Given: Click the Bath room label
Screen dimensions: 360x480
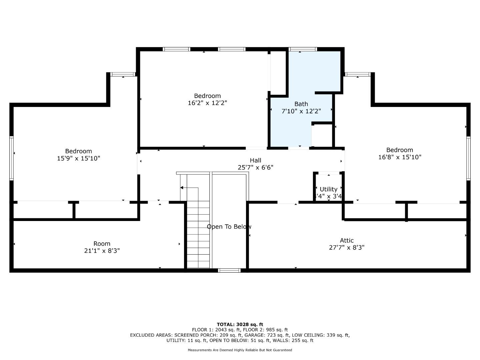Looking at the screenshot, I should pyautogui.click(x=301, y=104).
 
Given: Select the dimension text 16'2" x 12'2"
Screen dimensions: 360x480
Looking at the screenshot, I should pyautogui.click(x=207, y=103).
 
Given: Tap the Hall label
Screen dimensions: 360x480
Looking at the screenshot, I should pyautogui.click(x=255, y=160).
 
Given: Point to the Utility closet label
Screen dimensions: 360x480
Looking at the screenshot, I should pyautogui.click(x=328, y=189).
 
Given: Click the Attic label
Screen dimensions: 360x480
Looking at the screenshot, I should pyautogui.click(x=347, y=240).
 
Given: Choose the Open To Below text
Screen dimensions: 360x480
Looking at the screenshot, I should pyautogui.click(x=229, y=227).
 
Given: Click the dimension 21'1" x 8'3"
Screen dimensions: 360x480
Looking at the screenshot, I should pyautogui.click(x=102, y=251).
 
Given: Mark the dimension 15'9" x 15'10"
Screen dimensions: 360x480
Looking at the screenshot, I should pyautogui.click(x=78, y=158).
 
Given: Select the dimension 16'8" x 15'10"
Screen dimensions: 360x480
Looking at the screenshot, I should pyautogui.click(x=399, y=157).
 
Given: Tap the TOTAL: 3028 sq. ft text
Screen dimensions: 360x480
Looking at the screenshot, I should pyautogui.click(x=240, y=324).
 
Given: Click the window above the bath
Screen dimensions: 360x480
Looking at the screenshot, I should pyautogui.click(x=303, y=49).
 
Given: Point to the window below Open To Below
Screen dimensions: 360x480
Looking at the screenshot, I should pyautogui.click(x=229, y=270).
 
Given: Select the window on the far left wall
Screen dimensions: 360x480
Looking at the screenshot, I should pyautogui.click(x=12, y=158).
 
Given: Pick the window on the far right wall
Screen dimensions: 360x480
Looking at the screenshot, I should pyautogui.click(x=468, y=158).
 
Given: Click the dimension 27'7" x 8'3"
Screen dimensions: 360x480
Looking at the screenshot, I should pyautogui.click(x=347, y=248).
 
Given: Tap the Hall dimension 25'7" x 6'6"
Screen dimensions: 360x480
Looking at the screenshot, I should pyautogui.click(x=255, y=168).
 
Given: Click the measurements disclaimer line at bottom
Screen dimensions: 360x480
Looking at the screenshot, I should pyautogui.click(x=240, y=350).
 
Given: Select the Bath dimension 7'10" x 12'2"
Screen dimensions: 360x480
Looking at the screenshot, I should pyautogui.click(x=301, y=111).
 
